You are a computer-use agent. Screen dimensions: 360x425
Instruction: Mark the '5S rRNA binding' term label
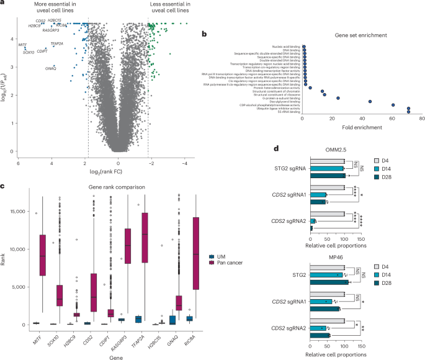pos(289,112)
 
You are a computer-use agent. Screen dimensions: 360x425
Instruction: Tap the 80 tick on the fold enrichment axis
pos(421,118)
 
